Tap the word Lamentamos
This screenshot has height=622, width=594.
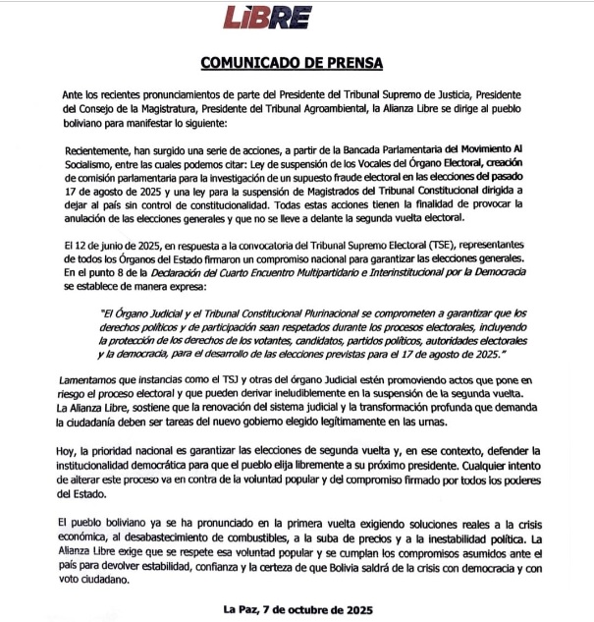[x=95, y=377]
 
